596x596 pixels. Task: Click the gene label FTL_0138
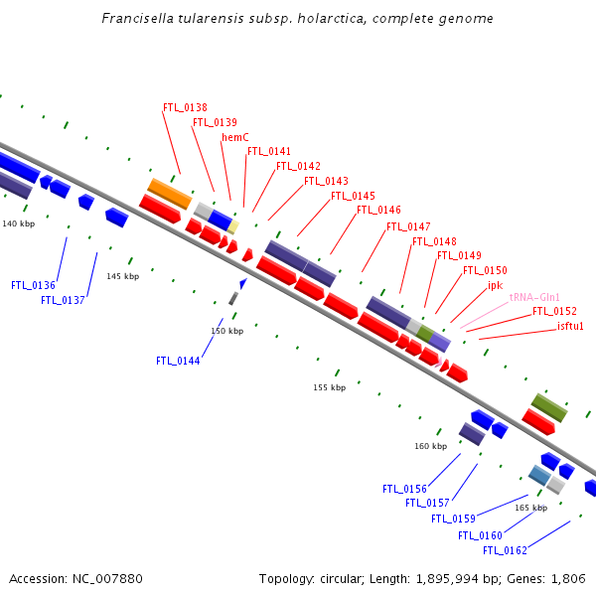click(185, 107)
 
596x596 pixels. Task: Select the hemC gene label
click(234, 137)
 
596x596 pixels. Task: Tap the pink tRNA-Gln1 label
click(534, 297)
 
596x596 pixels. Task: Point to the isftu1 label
click(570, 326)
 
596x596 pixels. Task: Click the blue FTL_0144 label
click(178, 361)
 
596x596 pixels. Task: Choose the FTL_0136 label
click(33, 285)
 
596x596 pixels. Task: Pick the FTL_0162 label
click(505, 550)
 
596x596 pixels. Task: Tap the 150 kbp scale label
click(226, 331)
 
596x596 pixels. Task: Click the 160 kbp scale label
click(431, 446)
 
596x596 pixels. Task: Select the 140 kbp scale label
click(19, 223)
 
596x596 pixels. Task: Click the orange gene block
click(170, 194)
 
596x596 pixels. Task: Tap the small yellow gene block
click(233, 226)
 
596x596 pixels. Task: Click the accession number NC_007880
click(107, 578)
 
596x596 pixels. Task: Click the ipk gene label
click(496, 285)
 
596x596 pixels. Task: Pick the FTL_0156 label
click(404, 489)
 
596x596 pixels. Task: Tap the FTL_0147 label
click(408, 226)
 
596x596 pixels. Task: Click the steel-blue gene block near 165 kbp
click(539, 475)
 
